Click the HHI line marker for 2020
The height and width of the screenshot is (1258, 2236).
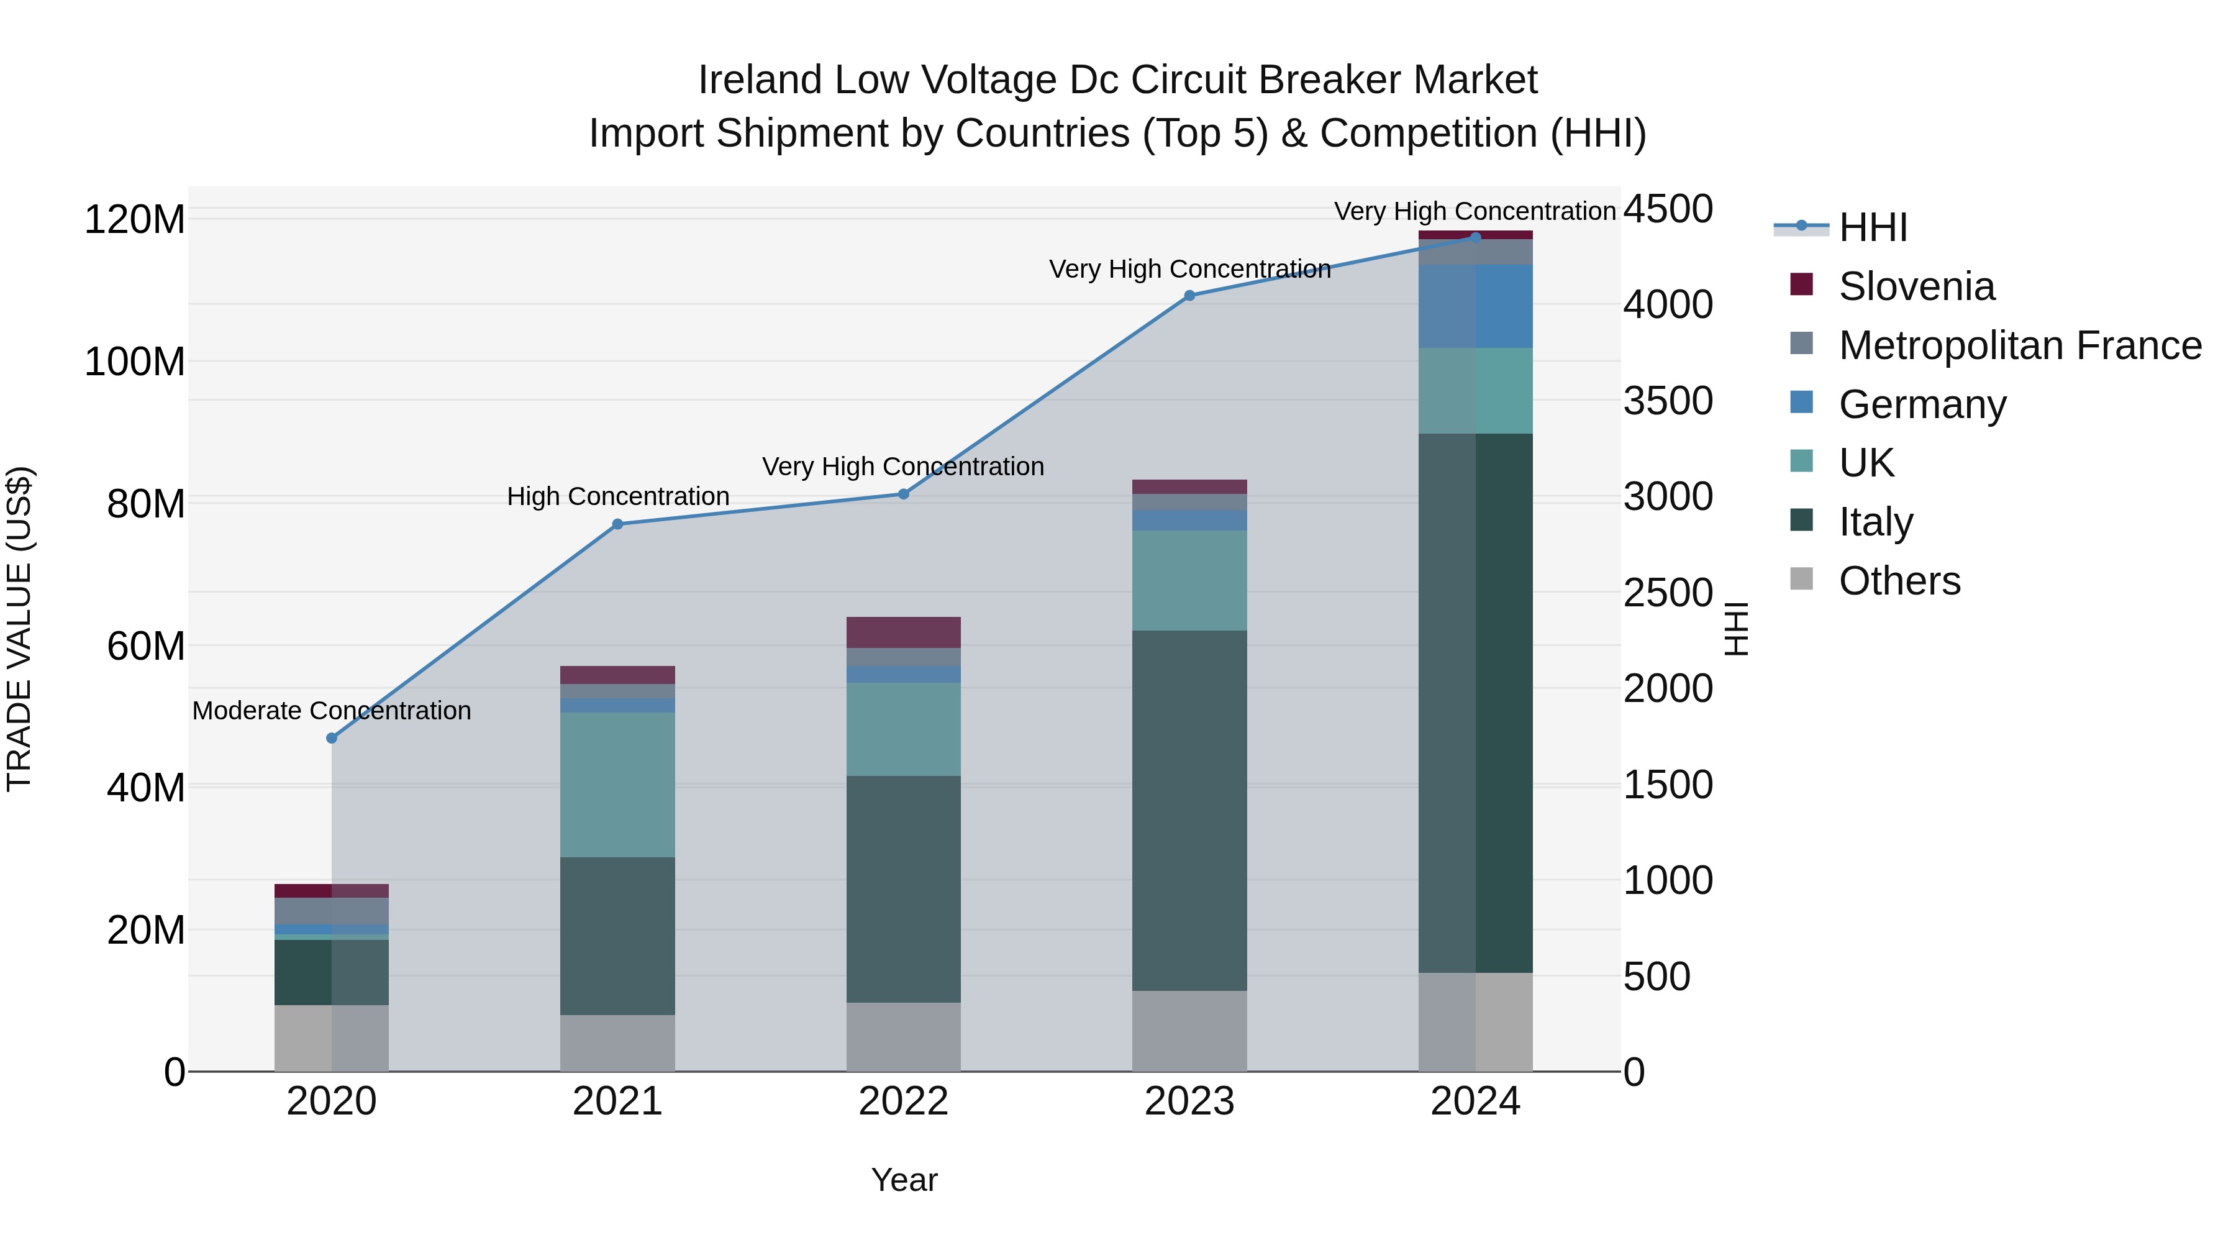[x=332, y=738]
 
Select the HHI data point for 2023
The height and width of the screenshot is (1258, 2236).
[x=1189, y=295]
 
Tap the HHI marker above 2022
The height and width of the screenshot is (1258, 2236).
[x=902, y=494]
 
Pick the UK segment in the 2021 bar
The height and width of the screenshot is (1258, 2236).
[x=617, y=784]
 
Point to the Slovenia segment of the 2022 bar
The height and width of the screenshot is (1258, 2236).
[x=902, y=632]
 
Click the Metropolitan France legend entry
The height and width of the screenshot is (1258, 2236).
[x=2019, y=345]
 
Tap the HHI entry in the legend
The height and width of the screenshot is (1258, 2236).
[x=1872, y=227]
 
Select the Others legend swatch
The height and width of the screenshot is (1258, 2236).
[x=1802, y=579]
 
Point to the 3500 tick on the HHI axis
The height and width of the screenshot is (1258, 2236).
[x=1668, y=401]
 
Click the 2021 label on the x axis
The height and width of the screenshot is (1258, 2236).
[x=617, y=1101]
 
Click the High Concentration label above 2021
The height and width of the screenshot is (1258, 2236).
[x=617, y=496]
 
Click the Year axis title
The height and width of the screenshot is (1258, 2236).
[x=904, y=1180]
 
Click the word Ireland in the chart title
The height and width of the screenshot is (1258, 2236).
[x=760, y=81]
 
